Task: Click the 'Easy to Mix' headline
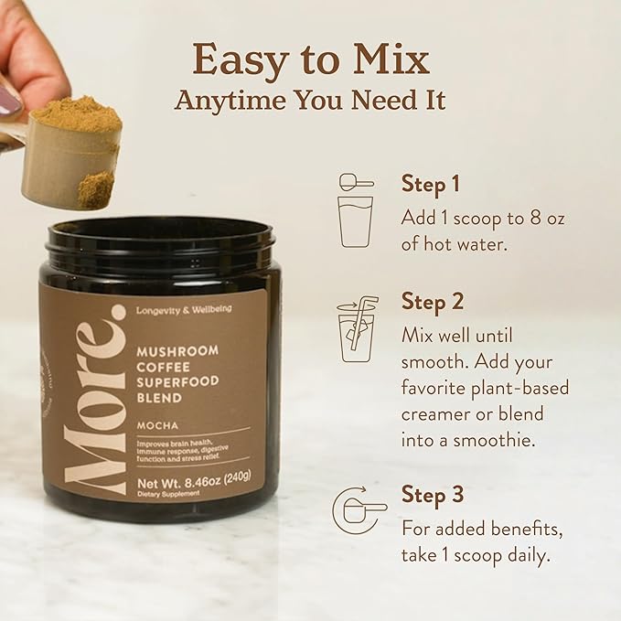(x=310, y=59)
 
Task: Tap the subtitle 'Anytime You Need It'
(x=310, y=100)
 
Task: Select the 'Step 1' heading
(x=430, y=184)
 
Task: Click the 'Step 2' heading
(x=432, y=301)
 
